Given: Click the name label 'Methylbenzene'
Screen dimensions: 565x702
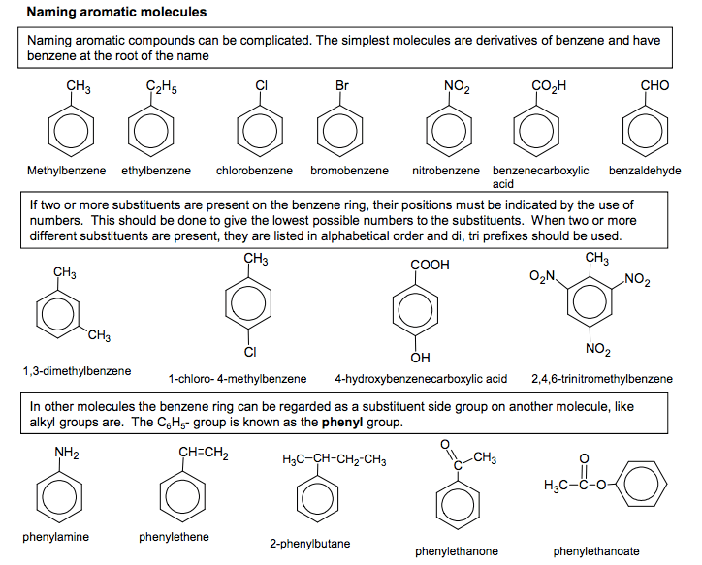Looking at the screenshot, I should pyautogui.click(x=66, y=171).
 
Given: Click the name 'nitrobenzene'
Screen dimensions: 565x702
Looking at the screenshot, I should pyautogui.click(x=445, y=171).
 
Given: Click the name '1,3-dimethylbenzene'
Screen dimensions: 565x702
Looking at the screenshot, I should pyautogui.click(x=77, y=371).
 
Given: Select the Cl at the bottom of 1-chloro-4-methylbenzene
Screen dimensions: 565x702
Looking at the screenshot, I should pyautogui.click(x=249, y=351).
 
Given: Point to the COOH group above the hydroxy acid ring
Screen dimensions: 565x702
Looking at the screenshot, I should pyautogui.click(x=431, y=264).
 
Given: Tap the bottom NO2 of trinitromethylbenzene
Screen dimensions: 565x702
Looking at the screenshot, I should pyautogui.click(x=599, y=349).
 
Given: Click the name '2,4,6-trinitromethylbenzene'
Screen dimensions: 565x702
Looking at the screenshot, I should pyautogui.click(x=601, y=378).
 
